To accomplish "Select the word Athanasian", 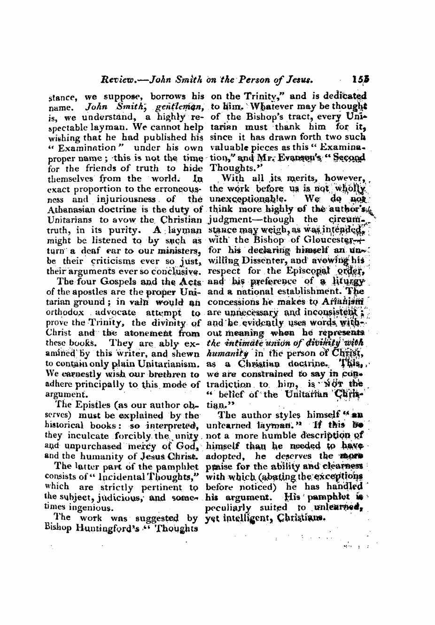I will click(x=73, y=209).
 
